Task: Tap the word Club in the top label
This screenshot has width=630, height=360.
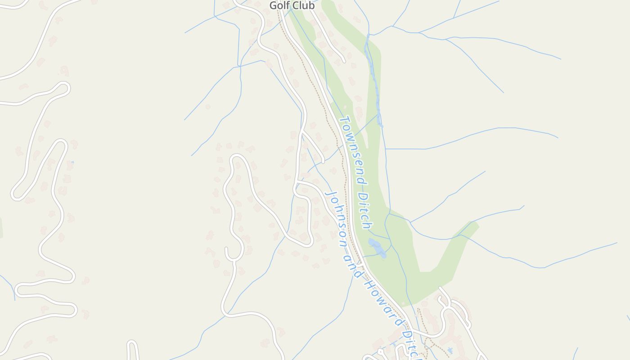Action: (x=302, y=6)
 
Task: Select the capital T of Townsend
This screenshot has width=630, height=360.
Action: (x=344, y=121)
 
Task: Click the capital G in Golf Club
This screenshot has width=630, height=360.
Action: (x=273, y=6)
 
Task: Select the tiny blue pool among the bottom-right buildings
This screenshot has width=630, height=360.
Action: (x=450, y=350)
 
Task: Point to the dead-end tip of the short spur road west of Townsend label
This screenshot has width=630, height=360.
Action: (x=323, y=161)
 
